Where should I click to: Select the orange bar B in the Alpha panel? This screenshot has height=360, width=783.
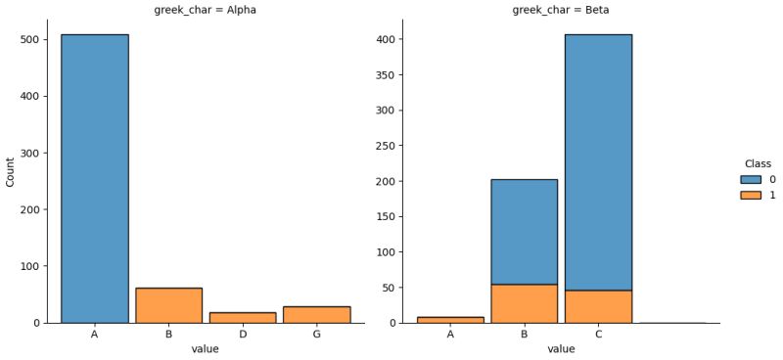click(168, 305)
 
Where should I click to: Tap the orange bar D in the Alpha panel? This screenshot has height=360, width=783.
click(243, 317)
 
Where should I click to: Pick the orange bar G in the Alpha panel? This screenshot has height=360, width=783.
click(316, 314)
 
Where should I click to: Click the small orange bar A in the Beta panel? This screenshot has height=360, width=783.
click(450, 319)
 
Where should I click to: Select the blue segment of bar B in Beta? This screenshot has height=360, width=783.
click(525, 232)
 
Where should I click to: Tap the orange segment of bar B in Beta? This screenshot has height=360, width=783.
click(525, 303)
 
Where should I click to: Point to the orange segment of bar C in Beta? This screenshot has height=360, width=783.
click(598, 306)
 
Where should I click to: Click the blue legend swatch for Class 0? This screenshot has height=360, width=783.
click(751, 180)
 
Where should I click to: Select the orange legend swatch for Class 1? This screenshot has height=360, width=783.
click(751, 195)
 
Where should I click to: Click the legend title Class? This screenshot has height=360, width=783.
click(757, 163)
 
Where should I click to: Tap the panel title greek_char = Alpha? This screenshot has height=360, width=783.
click(206, 11)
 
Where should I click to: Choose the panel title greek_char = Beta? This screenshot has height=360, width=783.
click(561, 11)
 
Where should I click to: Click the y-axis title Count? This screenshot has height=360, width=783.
click(11, 173)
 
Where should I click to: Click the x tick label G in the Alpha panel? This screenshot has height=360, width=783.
click(316, 334)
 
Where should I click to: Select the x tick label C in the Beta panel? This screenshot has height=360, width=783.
click(598, 334)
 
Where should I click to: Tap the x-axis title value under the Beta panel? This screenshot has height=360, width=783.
click(561, 348)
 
